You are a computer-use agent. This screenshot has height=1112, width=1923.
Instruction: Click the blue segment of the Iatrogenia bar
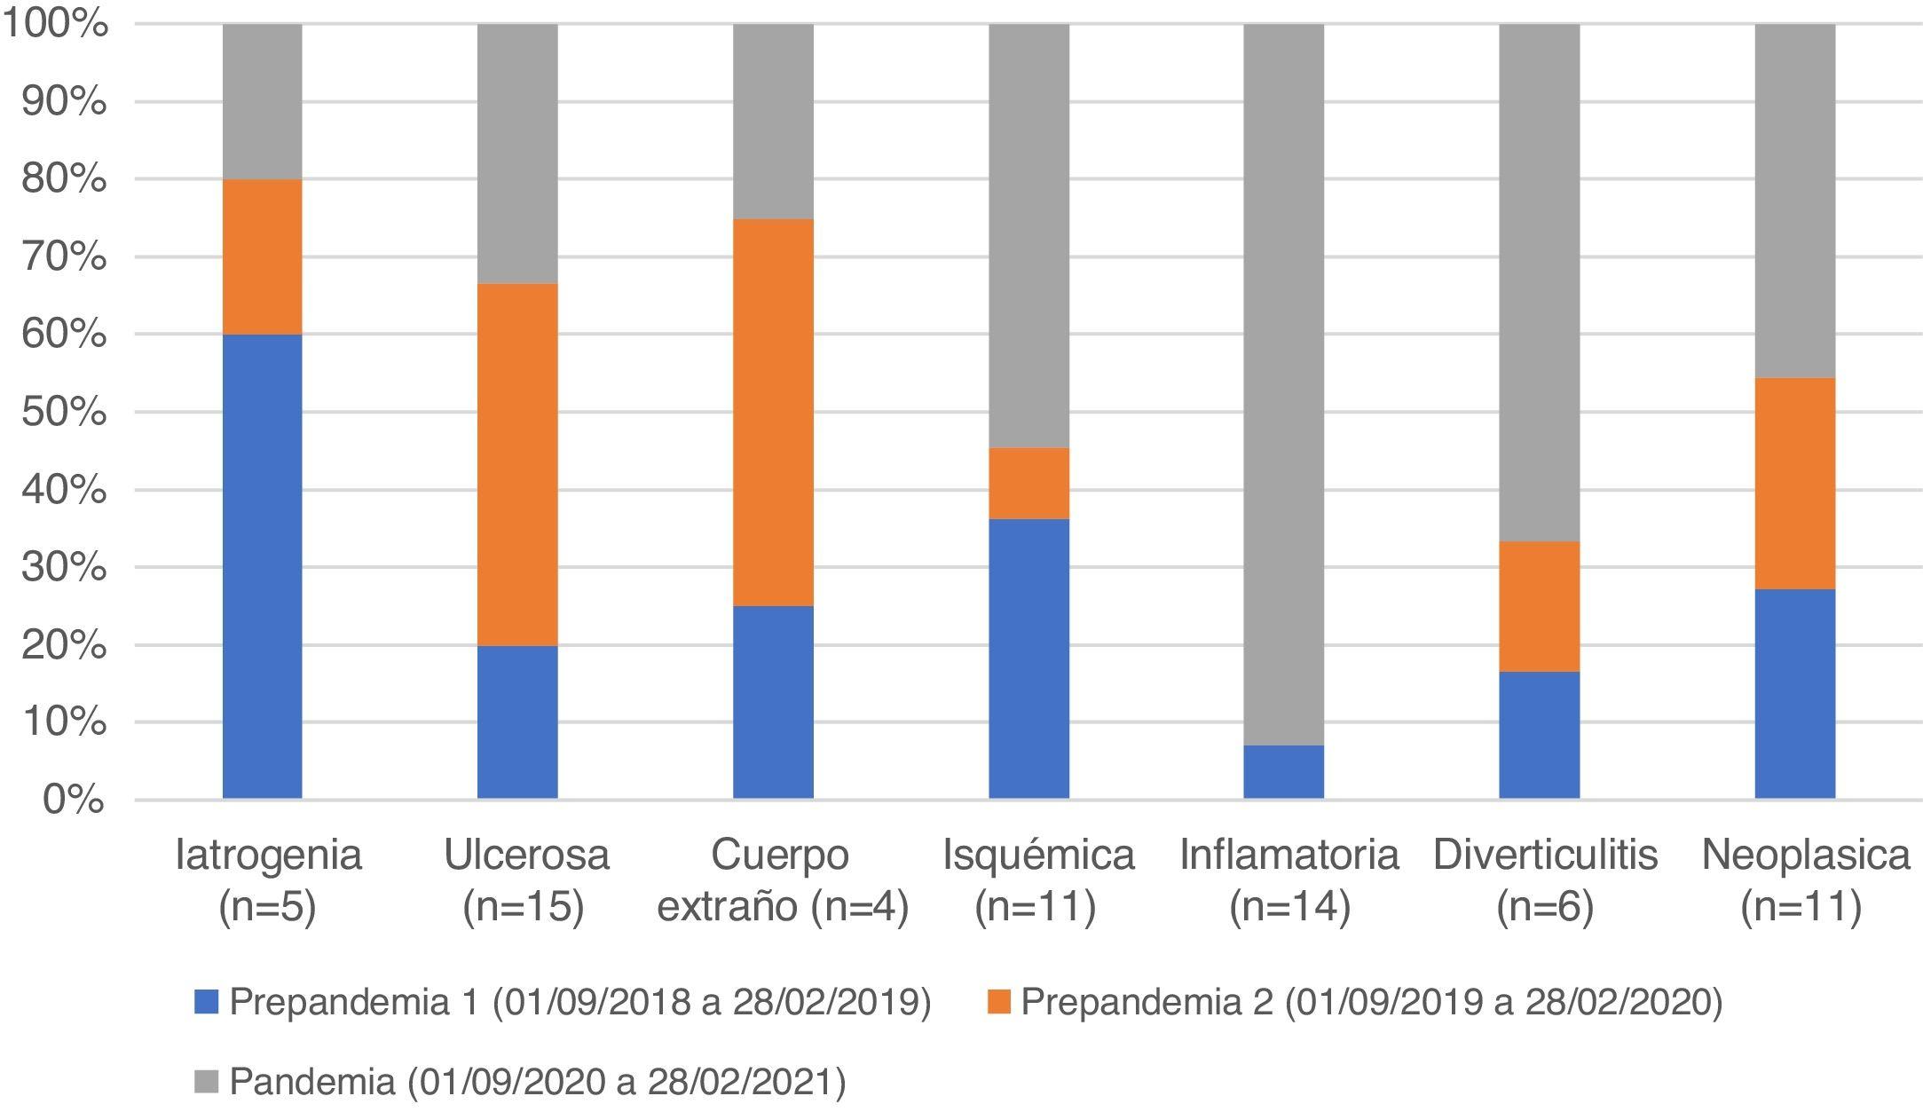point(262,566)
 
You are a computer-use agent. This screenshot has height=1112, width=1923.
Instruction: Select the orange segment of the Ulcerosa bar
point(517,464)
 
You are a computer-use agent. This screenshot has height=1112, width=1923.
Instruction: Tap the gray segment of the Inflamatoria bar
point(1283,384)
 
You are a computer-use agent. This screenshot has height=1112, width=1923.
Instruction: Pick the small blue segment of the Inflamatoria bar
point(1283,772)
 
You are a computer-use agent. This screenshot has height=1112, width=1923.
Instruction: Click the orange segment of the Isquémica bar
point(1028,483)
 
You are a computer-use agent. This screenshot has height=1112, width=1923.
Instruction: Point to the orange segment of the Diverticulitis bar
point(1539,606)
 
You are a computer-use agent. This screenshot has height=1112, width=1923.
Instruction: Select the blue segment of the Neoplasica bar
point(1794,693)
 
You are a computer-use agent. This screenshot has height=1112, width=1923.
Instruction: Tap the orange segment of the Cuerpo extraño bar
point(773,413)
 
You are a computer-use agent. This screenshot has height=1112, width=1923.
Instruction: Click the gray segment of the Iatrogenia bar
point(262,101)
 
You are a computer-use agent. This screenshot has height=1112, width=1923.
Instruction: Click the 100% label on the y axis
point(55,24)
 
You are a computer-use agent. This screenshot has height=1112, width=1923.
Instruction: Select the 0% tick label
point(73,800)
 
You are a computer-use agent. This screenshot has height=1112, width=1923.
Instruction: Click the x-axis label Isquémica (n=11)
point(1037,879)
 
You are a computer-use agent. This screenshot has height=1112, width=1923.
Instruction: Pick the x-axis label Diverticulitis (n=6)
point(1545,879)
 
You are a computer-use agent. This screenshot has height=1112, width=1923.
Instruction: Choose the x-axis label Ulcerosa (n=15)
point(525,879)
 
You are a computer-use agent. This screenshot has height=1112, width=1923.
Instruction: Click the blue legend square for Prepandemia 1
point(206,1003)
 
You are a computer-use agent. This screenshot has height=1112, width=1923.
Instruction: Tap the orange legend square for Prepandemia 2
point(998,1003)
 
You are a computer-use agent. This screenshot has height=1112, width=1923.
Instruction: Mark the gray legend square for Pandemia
point(206,1082)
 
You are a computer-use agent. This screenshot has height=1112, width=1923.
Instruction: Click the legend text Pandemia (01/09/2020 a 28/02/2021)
point(537,1082)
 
